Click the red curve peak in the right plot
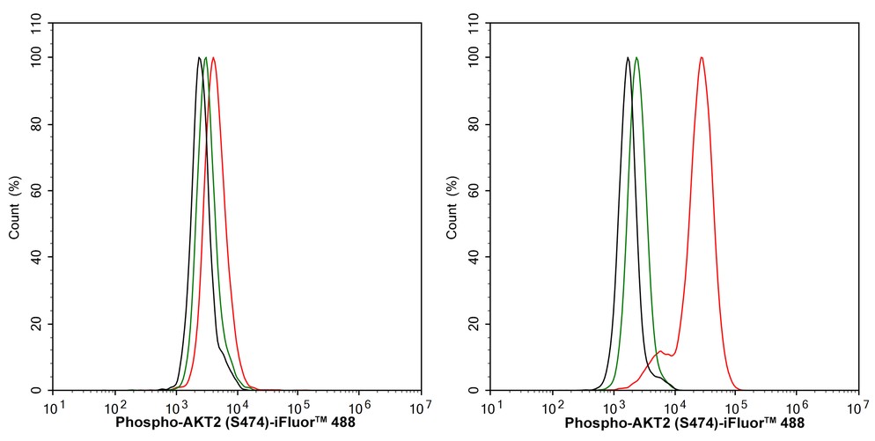click(702, 58)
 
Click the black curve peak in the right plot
click(628, 58)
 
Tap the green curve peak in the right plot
click(636, 58)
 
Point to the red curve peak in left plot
click(213, 58)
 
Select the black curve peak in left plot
click(200, 58)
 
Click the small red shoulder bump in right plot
click(660, 352)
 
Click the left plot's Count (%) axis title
click(15, 208)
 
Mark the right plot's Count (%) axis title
click(452, 208)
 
